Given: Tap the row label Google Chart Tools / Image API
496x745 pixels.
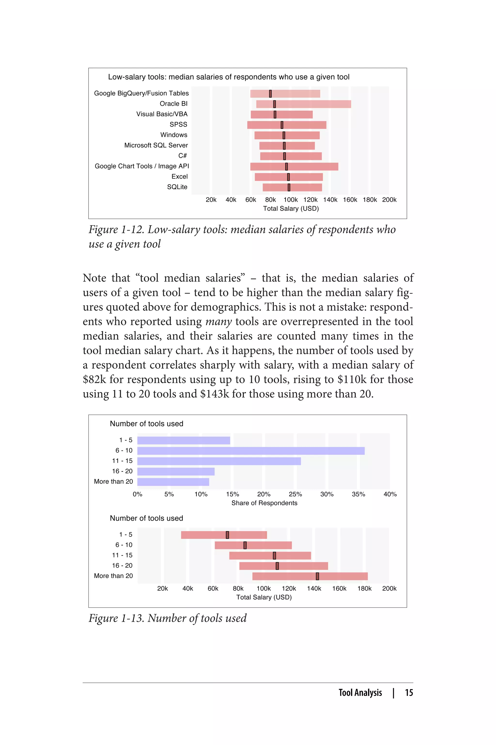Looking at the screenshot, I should point(142,166).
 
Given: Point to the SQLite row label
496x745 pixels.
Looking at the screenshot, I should point(177,187).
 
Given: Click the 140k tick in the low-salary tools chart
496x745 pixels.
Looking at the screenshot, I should point(330,200).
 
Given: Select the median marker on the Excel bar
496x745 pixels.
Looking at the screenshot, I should point(288,177).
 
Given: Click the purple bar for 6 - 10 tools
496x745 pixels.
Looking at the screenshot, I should point(251,451).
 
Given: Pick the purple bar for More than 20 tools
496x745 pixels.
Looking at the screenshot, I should point(173,482).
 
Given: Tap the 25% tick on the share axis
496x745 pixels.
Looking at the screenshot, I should point(295,494).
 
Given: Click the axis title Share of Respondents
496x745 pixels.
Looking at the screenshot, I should point(264,503).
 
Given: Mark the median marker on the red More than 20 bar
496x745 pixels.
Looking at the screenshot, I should point(317,576).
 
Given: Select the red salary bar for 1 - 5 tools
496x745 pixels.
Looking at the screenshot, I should point(202,535).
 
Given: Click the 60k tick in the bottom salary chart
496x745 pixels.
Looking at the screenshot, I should point(213,588).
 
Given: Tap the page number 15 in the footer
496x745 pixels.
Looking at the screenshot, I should point(409,693).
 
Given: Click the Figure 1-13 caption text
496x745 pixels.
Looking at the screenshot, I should point(167,618).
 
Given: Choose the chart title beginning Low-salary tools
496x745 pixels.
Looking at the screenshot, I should point(228,77).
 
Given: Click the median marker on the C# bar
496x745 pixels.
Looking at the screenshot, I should point(284,156).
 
